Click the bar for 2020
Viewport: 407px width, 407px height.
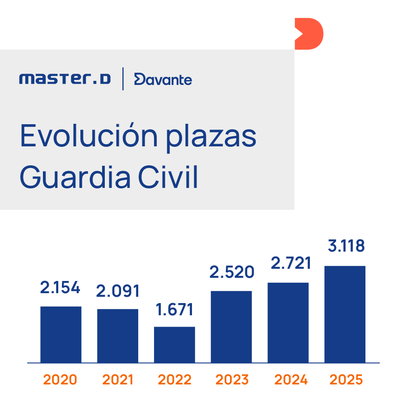tap(61, 334)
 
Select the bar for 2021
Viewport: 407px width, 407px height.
tap(117, 336)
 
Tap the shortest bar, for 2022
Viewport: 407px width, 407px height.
tap(174, 344)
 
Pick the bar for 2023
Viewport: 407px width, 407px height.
tap(231, 327)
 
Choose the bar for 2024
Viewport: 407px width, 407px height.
tap(288, 323)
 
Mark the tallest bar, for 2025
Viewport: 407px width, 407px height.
tap(345, 314)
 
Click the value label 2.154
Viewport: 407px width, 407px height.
tap(60, 288)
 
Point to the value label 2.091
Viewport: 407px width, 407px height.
tap(117, 291)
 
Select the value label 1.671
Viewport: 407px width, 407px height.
tap(174, 309)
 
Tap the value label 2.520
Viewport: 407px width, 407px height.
tap(232, 272)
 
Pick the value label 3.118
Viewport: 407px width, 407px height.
tap(346, 247)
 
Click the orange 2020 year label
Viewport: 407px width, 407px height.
tap(60, 380)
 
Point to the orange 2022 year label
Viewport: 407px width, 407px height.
tap(174, 380)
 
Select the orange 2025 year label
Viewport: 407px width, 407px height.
tap(346, 380)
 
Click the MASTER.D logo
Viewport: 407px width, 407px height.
tap(65, 80)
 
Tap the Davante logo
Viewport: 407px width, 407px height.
tap(163, 80)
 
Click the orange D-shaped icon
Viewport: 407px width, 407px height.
tap(309, 34)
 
